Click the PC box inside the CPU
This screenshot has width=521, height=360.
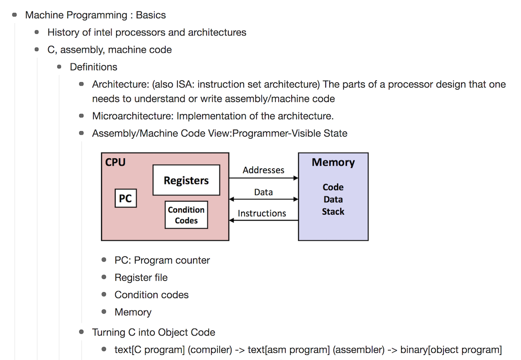click(x=126, y=198)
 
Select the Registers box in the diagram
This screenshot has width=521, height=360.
click(x=186, y=180)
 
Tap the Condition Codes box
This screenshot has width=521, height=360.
click(x=186, y=215)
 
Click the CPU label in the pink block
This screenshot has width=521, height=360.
click(x=115, y=162)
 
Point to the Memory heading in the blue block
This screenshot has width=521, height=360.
click(x=333, y=162)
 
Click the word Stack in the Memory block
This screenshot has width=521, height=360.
click(x=333, y=212)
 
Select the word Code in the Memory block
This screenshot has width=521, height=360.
click(x=333, y=187)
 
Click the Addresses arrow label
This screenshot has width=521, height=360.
click(x=264, y=170)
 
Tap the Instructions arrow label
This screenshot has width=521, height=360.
click(x=262, y=214)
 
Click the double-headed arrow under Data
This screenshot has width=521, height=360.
click(x=264, y=199)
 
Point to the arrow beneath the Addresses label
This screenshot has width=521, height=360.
click(x=264, y=178)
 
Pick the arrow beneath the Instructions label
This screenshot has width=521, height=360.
click(x=264, y=220)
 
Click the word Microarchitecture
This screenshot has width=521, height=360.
click(x=133, y=116)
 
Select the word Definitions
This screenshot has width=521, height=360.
click(x=93, y=67)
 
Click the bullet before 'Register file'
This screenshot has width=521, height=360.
click(x=104, y=277)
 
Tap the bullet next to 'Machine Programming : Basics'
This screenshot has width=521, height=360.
click(x=14, y=15)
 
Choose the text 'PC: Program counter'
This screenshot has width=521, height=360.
click(x=162, y=260)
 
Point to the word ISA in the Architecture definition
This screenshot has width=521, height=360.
click(x=184, y=84)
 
